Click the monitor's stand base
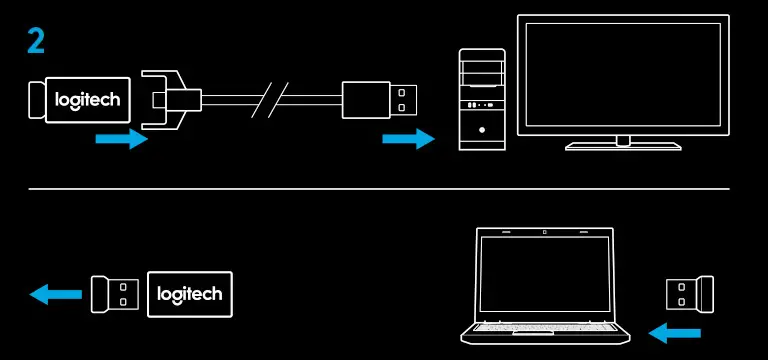tap(623, 146)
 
